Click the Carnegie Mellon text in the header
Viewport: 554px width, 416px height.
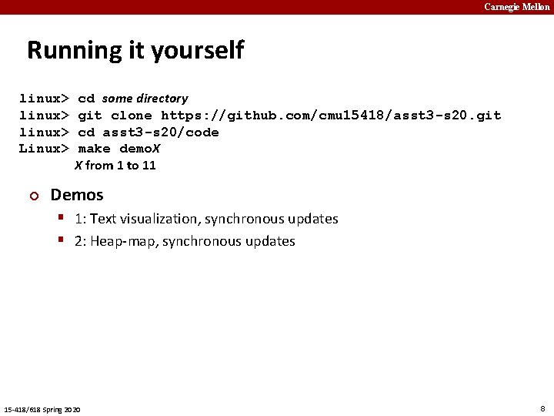[x=517, y=7]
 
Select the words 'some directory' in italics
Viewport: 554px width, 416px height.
[x=145, y=99]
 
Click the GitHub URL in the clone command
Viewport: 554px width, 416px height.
[x=331, y=116]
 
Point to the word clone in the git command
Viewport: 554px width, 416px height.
[x=132, y=116]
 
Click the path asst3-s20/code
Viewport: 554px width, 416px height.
[x=161, y=133]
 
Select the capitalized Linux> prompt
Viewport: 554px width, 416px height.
[x=45, y=149]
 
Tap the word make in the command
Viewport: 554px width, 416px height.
[x=94, y=149]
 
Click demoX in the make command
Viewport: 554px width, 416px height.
[x=139, y=149]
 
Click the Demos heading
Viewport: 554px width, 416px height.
[x=77, y=195]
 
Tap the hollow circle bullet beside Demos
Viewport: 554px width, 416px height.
[x=33, y=196]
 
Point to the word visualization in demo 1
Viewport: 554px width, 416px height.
[x=161, y=219]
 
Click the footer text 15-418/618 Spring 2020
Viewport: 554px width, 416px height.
[x=42, y=408]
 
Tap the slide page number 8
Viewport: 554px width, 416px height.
[x=542, y=408]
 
